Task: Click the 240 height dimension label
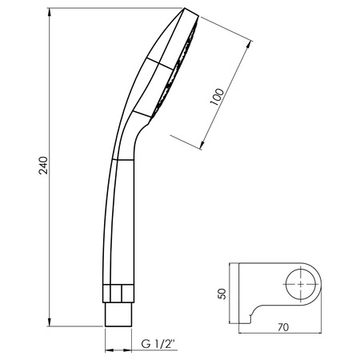click(x=43, y=166)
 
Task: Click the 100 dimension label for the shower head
click(x=217, y=97)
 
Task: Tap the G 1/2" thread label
click(x=159, y=344)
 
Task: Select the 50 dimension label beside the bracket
click(x=222, y=294)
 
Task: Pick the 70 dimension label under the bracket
click(x=283, y=327)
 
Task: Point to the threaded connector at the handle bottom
click(x=118, y=314)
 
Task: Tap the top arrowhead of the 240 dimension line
click(x=50, y=13)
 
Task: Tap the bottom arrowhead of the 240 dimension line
click(x=50, y=322)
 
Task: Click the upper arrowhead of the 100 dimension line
click(x=249, y=46)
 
